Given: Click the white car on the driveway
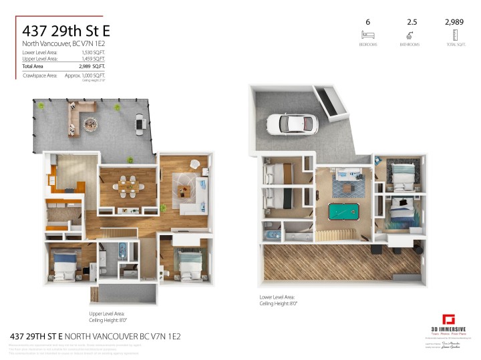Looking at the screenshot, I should [291, 124].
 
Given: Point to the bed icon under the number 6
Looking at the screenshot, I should [367, 34].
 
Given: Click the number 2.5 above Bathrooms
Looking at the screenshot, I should [412, 21].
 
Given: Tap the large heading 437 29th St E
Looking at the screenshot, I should [66, 30].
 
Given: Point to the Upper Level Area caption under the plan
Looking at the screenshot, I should [107, 313].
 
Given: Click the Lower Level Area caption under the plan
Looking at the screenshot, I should [277, 297].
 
